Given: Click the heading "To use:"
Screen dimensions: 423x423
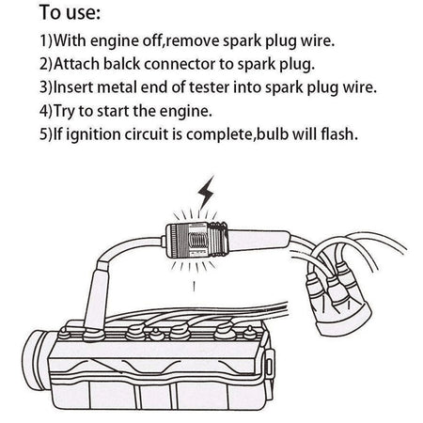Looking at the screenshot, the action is pos(70,13).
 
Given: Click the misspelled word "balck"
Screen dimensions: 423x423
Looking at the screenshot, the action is pos(121,64).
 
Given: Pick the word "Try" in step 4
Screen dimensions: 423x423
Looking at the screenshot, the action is pos(64,112).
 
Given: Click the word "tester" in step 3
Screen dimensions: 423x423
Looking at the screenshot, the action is pos(209,87).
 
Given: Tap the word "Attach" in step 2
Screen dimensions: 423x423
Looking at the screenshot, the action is pos(76,64).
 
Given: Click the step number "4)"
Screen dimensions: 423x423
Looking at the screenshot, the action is pos(46,111).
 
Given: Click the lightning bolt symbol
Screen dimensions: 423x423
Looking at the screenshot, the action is pos(206,192).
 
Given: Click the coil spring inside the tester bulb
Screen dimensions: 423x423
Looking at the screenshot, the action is pos(197,242).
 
